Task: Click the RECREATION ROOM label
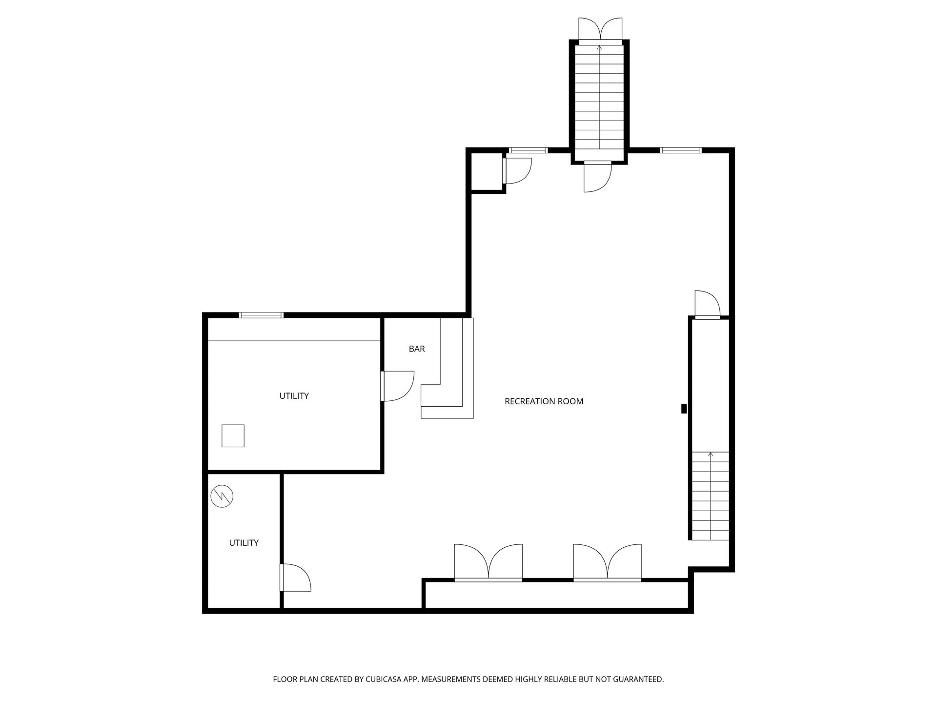(544, 401)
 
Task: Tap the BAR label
(417, 349)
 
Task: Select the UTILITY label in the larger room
(294, 396)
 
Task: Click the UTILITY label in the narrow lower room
(244, 543)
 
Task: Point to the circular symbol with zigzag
(222, 496)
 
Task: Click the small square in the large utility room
(233, 436)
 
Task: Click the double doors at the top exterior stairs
(600, 30)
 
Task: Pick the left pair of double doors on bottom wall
(488, 562)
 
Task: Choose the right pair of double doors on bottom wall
(607, 562)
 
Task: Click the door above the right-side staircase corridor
(707, 305)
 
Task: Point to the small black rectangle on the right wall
(684, 409)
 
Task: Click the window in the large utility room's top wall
(261, 315)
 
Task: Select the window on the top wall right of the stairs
(681, 150)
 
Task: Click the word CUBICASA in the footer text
(385, 679)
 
